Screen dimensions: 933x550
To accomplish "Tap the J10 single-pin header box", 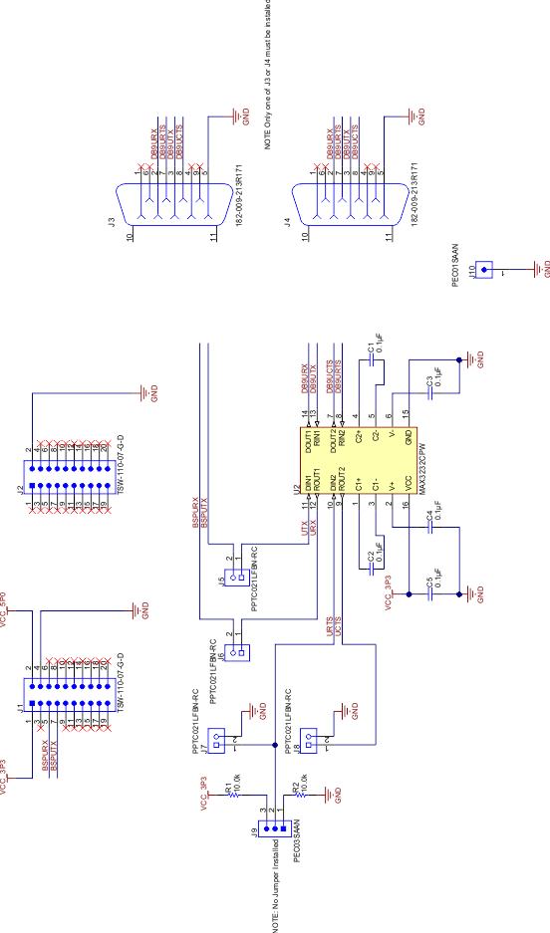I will tap(485, 269).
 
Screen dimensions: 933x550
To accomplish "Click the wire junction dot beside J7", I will tap(274, 745).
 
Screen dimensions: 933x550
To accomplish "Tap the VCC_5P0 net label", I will tap(4, 609).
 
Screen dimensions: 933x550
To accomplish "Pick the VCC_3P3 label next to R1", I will tap(205, 797).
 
